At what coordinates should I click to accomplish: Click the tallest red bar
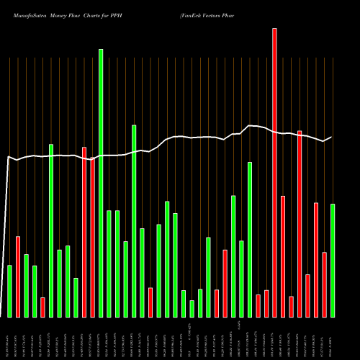click(x=274, y=173)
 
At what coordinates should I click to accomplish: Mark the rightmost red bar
click(x=324, y=284)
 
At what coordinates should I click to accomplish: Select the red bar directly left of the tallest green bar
click(x=92, y=238)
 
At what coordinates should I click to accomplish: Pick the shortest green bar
click(x=192, y=309)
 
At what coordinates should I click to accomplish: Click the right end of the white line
click(x=331, y=137)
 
